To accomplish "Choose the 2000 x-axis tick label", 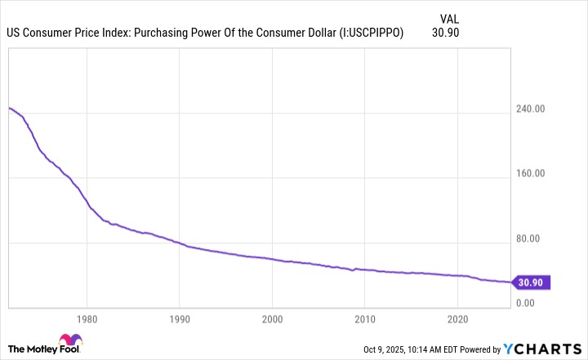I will (x=273, y=319).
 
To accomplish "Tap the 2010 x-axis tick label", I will (x=365, y=319).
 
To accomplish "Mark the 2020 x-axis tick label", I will (x=458, y=319).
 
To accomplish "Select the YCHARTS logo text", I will (x=548, y=349).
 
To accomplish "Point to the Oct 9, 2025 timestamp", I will (x=389, y=349).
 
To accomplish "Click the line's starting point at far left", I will (x=9, y=108).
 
